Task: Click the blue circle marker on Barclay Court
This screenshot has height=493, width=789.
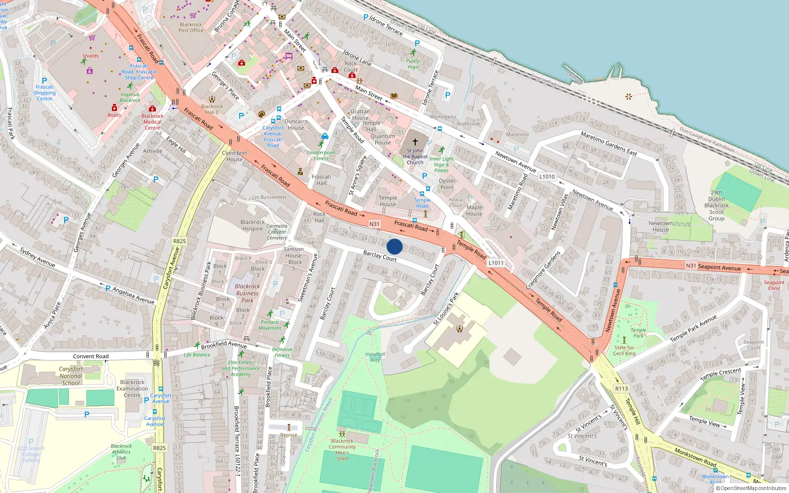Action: (394, 246)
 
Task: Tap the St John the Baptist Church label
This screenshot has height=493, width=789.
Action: (415, 156)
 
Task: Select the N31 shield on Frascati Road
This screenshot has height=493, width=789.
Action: (374, 224)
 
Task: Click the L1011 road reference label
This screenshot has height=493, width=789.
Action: (496, 263)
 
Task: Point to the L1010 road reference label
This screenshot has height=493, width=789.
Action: (547, 176)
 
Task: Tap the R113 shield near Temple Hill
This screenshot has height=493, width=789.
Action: (621, 388)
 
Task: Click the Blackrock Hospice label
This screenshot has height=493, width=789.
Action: (252, 225)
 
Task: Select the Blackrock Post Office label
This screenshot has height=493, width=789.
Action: (191, 28)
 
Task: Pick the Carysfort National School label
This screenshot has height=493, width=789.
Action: (71, 376)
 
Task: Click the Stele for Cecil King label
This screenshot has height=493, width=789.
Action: (624, 351)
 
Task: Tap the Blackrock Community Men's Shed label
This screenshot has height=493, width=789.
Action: (342, 450)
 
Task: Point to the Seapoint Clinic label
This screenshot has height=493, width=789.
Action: (774, 285)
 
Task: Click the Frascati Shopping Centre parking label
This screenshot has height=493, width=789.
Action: (44, 92)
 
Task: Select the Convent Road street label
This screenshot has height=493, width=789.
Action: (91, 356)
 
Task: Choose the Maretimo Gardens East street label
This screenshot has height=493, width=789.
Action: (609, 143)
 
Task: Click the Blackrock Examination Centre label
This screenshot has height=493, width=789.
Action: (132, 388)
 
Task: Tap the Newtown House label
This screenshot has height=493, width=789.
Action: (661, 226)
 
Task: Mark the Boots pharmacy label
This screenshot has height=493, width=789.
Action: (114, 115)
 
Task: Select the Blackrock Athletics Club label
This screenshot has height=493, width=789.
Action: (121, 452)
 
